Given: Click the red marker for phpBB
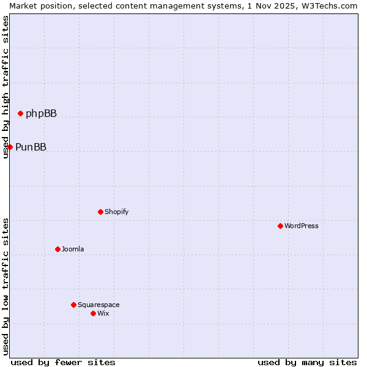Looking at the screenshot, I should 20,113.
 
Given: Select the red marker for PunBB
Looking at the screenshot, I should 10,147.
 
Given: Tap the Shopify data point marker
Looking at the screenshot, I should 100,212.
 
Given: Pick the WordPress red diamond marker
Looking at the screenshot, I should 280,226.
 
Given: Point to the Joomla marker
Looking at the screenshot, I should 57,249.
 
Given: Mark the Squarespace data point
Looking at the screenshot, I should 73,305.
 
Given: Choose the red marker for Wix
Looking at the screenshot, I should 93,313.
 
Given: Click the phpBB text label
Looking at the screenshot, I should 41,113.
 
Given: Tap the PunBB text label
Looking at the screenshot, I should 31,147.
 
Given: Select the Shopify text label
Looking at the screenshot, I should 116,212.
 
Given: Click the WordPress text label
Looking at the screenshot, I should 301,226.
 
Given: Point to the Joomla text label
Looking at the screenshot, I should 73,249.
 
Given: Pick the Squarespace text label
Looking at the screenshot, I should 98,305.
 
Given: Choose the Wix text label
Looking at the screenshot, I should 103,313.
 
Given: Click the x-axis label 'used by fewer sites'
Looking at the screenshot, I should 63,362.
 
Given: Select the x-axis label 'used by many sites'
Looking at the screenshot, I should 307,362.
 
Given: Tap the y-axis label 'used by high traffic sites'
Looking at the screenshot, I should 6,87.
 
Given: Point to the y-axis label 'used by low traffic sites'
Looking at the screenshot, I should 6,286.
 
